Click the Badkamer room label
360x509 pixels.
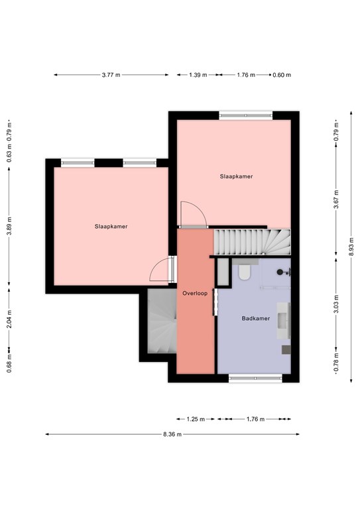(x=256, y=318)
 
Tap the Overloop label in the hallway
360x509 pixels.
(x=195, y=294)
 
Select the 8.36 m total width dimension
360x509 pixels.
(x=172, y=434)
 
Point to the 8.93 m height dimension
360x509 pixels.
(x=351, y=247)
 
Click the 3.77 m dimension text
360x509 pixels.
(x=111, y=75)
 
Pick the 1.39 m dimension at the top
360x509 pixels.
(x=198, y=75)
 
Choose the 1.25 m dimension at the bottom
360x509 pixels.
(x=196, y=419)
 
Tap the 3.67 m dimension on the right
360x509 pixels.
(x=336, y=199)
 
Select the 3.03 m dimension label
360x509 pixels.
(x=336, y=304)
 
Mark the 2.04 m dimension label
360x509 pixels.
(x=9, y=319)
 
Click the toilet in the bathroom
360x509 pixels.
(x=244, y=272)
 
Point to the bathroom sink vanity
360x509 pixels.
(x=283, y=321)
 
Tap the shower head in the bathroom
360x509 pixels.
(x=280, y=272)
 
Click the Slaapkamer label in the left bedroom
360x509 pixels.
(x=111, y=227)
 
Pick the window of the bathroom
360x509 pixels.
(x=255, y=378)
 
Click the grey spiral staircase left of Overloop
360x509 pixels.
(x=162, y=321)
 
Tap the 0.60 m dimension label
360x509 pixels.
(x=282, y=75)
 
